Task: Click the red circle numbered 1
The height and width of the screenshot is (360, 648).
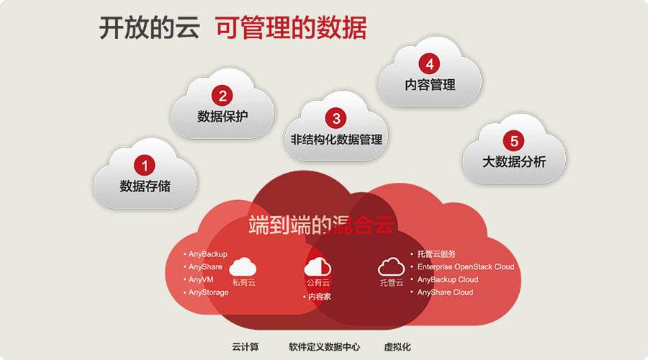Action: coord(144,166)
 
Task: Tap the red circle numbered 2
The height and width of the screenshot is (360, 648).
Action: coord(222,96)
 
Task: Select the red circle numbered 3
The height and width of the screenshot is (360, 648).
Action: coord(336,119)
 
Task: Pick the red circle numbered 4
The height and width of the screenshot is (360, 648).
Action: coord(430,64)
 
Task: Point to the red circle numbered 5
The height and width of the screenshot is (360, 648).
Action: coord(513,141)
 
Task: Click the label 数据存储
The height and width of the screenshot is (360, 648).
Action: coord(145,186)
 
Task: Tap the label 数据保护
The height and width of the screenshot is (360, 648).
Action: coord(222,116)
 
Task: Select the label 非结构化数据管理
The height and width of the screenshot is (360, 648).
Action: coord(336,139)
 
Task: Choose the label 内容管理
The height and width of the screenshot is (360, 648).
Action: coord(430,85)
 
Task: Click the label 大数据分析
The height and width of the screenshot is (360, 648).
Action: coord(514,161)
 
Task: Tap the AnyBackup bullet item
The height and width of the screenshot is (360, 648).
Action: coord(205,254)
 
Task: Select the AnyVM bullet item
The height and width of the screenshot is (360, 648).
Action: coord(199,280)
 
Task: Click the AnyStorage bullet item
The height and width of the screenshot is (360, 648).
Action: coord(206,292)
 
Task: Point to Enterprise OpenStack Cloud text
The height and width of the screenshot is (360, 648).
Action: coord(466,267)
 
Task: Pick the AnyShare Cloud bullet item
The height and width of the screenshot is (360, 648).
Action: coord(442,292)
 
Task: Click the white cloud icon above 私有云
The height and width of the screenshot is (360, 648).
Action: coord(243,266)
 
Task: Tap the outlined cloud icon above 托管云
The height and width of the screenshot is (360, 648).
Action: coord(391,266)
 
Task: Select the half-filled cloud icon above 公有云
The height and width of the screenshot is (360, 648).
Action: coord(318,266)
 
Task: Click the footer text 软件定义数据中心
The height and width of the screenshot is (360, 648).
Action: coord(325,347)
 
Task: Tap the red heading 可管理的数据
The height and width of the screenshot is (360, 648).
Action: coord(291,28)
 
